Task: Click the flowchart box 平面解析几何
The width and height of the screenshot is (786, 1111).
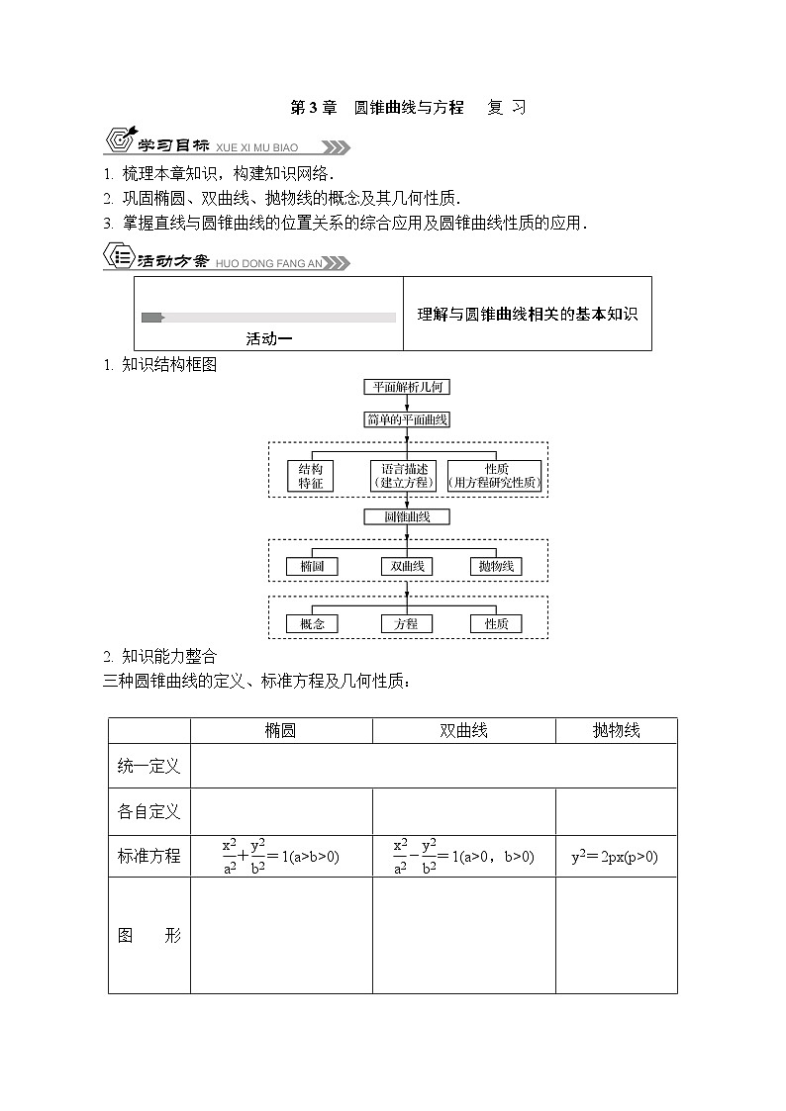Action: pyautogui.click(x=407, y=387)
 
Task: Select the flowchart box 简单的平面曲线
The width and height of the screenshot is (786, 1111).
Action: pyautogui.click(x=407, y=419)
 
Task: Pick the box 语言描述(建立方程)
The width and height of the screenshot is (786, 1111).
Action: pyautogui.click(x=406, y=476)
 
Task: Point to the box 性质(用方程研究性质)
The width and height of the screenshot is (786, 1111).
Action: pyautogui.click(x=495, y=476)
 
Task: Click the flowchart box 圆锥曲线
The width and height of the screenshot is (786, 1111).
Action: pyautogui.click(x=407, y=516)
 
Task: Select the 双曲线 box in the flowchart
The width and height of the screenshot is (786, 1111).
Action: pyautogui.click(x=407, y=567)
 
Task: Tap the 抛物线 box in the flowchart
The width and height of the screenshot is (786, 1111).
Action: pyautogui.click(x=495, y=567)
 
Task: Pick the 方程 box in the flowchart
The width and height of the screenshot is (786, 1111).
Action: pyautogui.click(x=407, y=624)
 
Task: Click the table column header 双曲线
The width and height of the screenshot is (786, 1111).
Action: pyautogui.click(x=463, y=731)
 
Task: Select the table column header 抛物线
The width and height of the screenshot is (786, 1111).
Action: pyautogui.click(x=616, y=731)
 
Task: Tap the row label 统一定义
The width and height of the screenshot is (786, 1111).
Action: pyautogui.click(x=149, y=767)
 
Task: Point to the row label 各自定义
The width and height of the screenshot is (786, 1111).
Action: pyautogui.click(x=149, y=812)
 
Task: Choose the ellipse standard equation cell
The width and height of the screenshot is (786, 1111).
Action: pyautogui.click(x=281, y=857)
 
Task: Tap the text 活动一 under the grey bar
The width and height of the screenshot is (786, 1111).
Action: pyautogui.click(x=269, y=338)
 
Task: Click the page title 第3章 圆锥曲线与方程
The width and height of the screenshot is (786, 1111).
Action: pyautogui.click(x=376, y=108)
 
